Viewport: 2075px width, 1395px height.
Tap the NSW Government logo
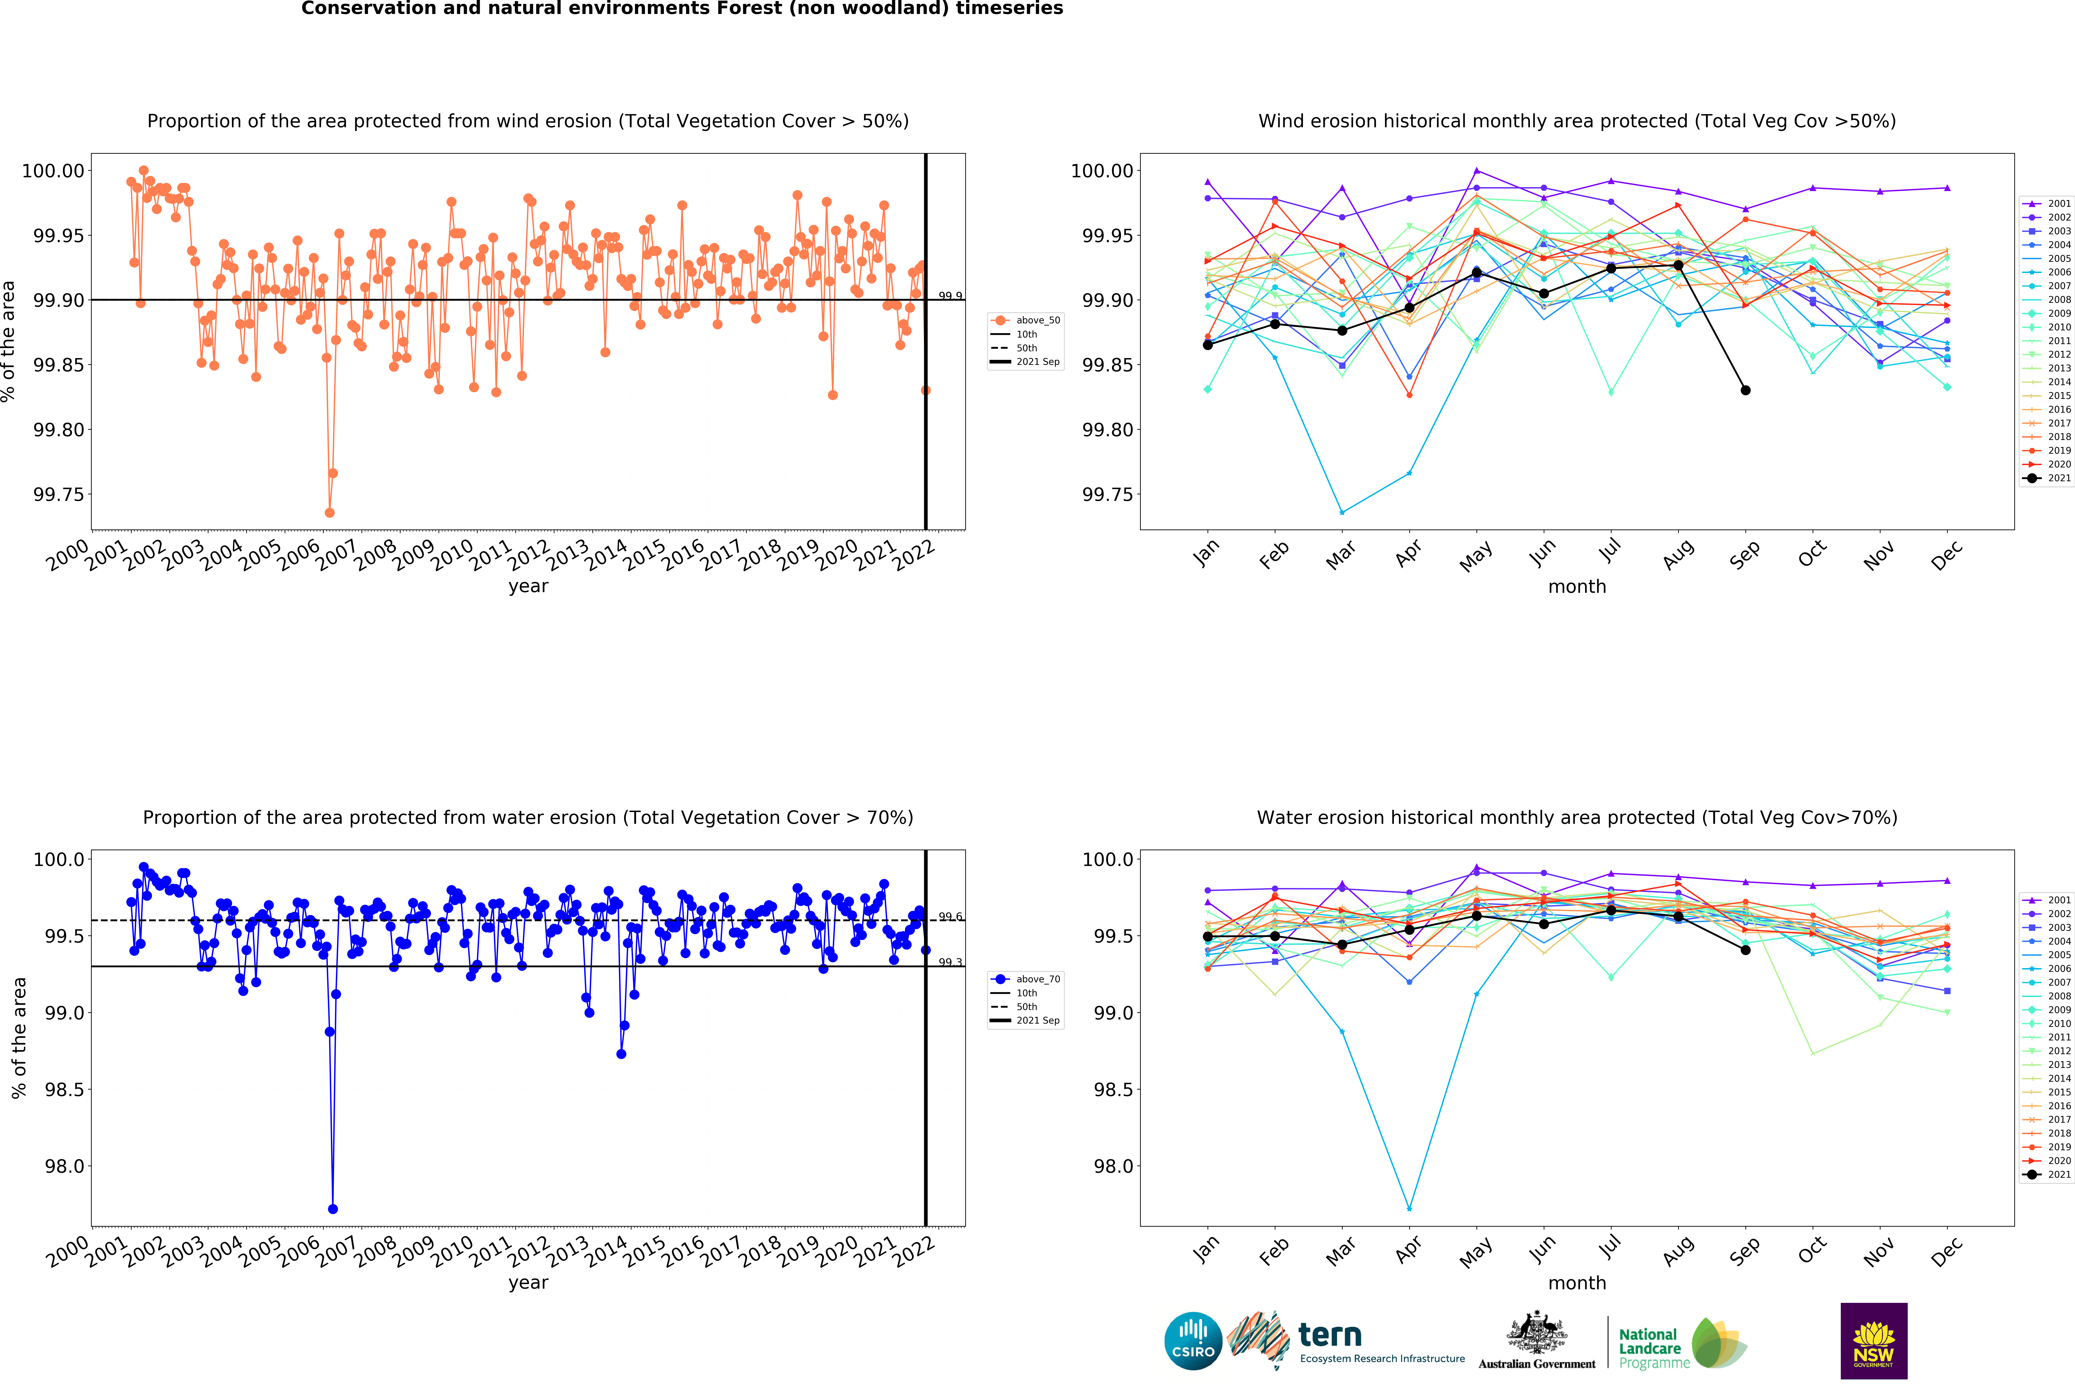click(1873, 1341)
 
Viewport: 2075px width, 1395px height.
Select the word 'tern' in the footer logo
click(1330, 1335)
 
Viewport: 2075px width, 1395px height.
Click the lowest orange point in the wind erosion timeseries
click(329, 512)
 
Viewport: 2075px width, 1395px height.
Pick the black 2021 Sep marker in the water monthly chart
click(1745, 950)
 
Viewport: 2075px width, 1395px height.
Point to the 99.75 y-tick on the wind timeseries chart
click(59, 495)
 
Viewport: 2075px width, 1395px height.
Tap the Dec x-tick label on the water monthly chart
click(1946, 1252)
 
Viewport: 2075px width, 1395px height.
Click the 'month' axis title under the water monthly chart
click(1577, 1283)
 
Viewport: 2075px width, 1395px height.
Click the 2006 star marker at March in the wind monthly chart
click(1342, 512)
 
